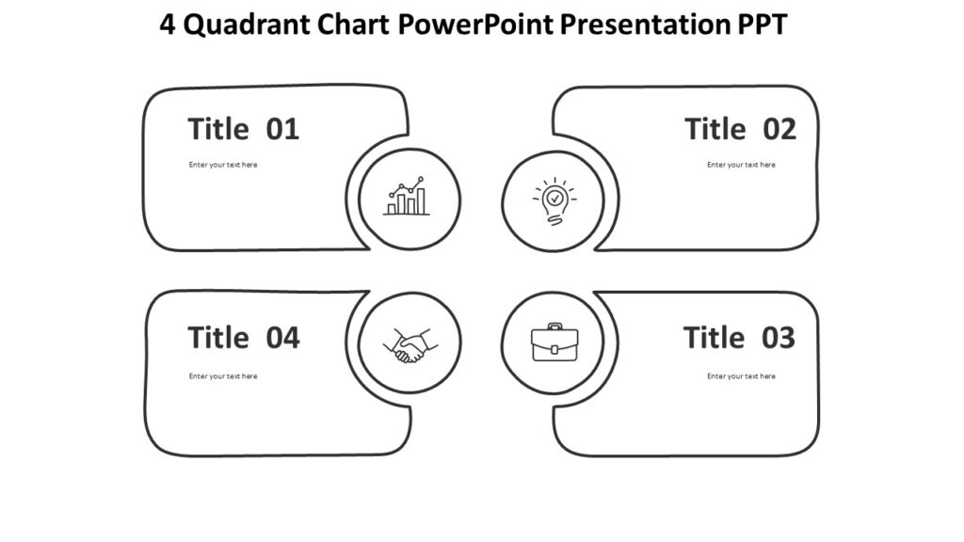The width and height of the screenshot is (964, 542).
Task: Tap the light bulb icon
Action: tap(554, 200)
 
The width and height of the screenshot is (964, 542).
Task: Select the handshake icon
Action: tap(407, 345)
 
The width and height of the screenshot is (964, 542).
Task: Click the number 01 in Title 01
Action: tap(282, 129)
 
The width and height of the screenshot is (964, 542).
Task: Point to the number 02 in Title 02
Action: tap(779, 129)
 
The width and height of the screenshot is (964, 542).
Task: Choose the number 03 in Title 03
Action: tap(779, 337)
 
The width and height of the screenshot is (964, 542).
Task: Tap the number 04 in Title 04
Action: tap(282, 337)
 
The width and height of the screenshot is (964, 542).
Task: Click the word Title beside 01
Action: tap(218, 129)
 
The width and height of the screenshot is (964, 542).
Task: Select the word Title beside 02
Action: tap(715, 129)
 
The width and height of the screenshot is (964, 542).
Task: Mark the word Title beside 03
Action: tap(715, 337)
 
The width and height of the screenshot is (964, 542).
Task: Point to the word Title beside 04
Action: tap(218, 337)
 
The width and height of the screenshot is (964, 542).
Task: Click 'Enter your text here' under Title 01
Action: tap(223, 165)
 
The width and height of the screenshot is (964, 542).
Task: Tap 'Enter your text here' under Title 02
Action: tap(741, 165)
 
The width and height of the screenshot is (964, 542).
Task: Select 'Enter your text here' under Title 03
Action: tap(741, 376)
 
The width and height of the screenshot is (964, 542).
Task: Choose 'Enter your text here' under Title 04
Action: tap(223, 376)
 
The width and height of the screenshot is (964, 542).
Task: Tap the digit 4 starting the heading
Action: tap(168, 25)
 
